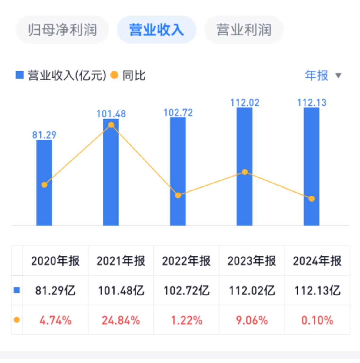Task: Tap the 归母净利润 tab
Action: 62,30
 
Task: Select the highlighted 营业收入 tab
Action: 156,30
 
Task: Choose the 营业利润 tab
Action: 244,30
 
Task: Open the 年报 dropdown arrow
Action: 338,75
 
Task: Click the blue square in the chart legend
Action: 20,75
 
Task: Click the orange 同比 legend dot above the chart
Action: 114,75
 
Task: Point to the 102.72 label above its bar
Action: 178,113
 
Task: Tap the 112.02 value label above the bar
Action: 245,103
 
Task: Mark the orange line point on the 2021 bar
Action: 111,125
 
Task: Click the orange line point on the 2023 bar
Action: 245,172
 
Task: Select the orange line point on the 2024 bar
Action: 312,199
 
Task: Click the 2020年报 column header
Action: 55,261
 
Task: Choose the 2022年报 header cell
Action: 186,261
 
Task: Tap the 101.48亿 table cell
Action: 121,290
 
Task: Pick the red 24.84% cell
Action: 121,320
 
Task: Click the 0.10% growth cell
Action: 317,320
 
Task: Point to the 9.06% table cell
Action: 252,320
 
